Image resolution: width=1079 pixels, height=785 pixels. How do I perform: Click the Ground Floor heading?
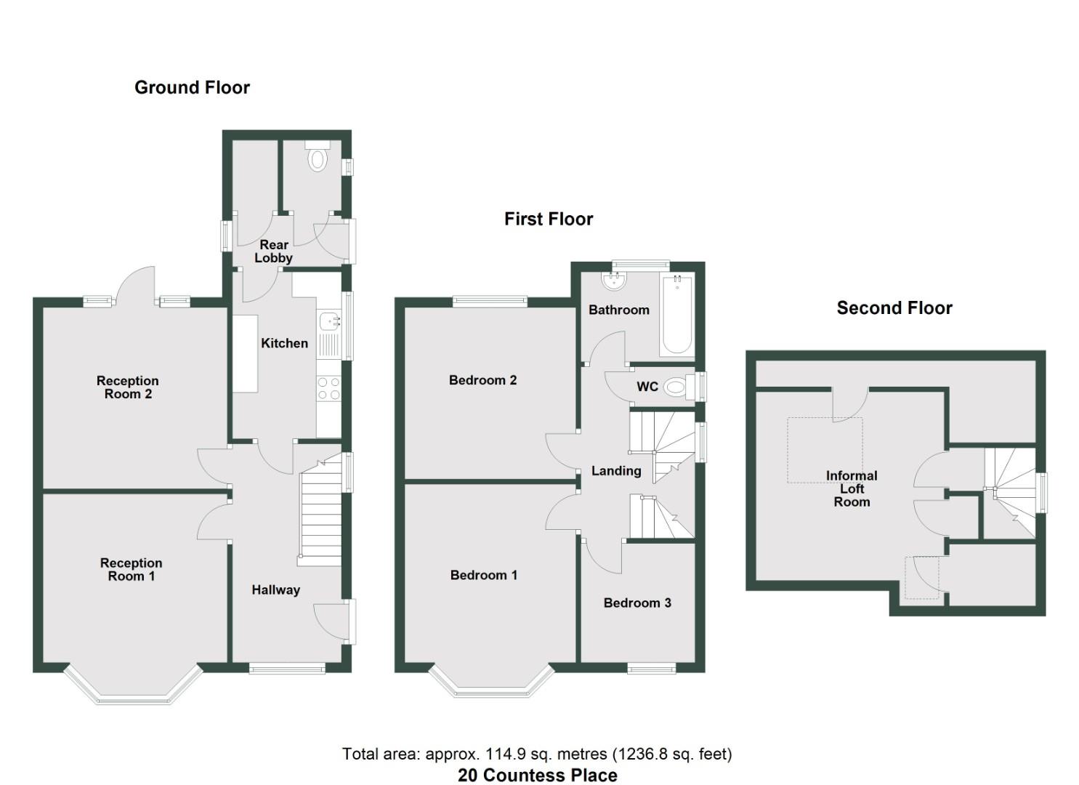(x=192, y=88)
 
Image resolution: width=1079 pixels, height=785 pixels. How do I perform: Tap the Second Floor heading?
(x=894, y=308)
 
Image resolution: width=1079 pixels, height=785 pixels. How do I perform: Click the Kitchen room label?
(x=284, y=343)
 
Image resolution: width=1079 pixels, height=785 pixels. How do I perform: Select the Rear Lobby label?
(x=273, y=251)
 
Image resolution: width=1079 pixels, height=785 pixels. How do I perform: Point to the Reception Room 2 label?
(x=128, y=387)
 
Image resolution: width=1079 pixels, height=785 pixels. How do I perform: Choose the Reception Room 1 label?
(x=131, y=570)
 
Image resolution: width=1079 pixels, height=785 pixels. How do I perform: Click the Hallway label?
(x=275, y=590)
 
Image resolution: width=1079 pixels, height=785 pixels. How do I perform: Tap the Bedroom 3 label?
(x=637, y=603)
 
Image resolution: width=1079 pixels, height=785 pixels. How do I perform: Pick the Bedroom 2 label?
(x=482, y=380)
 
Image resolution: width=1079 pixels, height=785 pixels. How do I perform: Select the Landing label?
(x=616, y=471)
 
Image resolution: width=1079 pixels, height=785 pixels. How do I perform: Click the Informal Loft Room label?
(x=852, y=488)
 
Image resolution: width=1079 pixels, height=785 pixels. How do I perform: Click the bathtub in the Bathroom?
(x=677, y=315)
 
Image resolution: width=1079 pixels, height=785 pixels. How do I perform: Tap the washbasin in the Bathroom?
(x=615, y=280)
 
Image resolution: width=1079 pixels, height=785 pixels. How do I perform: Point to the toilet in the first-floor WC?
(x=676, y=387)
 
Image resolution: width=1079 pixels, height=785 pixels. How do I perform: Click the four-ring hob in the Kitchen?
(x=329, y=389)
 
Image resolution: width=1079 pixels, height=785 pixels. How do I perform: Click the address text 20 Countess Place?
(x=538, y=776)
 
